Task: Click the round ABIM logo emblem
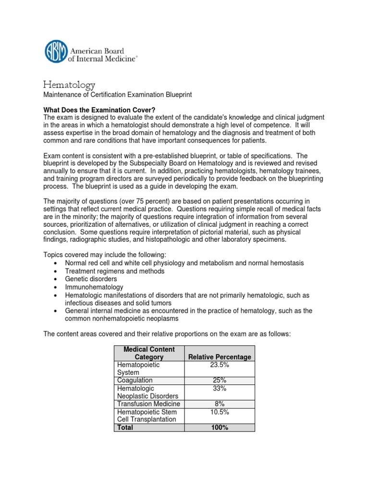(57, 51)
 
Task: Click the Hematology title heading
(70, 85)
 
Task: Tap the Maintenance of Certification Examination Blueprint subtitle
(118, 95)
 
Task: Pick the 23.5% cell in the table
(220, 365)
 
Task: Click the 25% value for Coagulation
(220, 380)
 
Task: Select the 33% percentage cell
(220, 388)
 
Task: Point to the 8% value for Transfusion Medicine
(220, 404)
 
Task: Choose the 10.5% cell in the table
(220, 412)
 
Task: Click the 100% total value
(220, 427)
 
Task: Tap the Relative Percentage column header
(220, 357)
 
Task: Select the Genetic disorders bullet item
(91, 279)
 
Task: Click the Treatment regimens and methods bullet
(115, 271)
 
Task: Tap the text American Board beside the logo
(98, 51)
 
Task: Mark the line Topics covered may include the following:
(111, 255)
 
